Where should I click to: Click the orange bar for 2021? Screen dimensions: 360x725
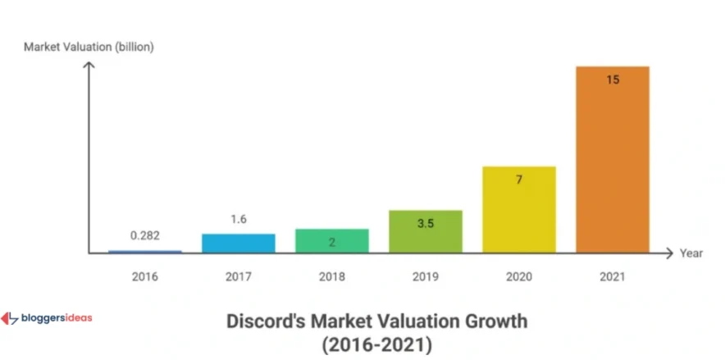coord(613,159)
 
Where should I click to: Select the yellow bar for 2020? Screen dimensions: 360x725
coord(519,209)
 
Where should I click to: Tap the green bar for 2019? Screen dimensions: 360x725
coord(425,231)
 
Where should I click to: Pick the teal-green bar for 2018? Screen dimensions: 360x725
coord(331,240)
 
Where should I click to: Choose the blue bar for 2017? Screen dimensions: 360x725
coord(238,243)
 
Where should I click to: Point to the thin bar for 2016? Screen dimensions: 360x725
coord(145,252)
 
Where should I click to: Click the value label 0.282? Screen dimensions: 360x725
coord(145,235)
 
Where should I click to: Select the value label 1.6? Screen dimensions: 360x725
coord(238,219)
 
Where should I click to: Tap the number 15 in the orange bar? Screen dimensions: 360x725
coord(613,80)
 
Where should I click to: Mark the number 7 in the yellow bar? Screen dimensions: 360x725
coord(519,179)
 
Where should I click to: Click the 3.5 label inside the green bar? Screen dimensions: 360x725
coord(425,223)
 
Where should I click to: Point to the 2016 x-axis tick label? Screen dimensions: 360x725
coord(145,276)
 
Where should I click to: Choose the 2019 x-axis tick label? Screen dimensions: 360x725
coord(425,276)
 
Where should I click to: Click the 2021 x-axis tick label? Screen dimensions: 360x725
coord(613,276)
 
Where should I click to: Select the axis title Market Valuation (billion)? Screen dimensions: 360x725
coord(89,47)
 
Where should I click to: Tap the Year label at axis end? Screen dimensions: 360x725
coord(691,253)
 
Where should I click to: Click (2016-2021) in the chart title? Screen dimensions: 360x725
coord(378,344)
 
